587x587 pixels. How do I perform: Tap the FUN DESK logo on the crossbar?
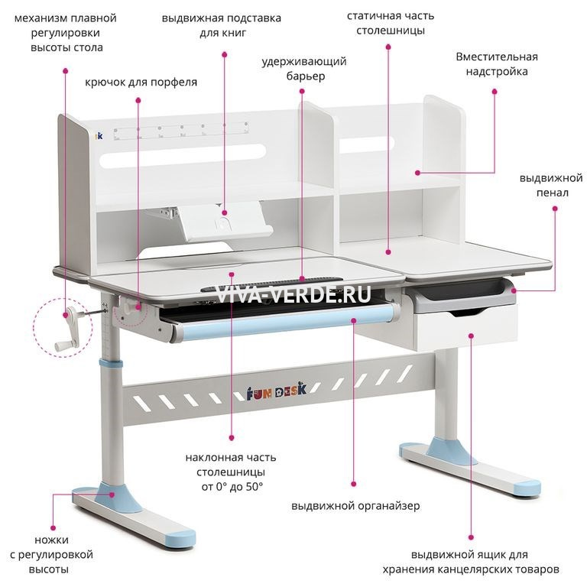coord(276,391)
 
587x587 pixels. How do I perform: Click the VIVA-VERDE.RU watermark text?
coord(293,293)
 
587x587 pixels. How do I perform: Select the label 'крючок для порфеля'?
coord(141,82)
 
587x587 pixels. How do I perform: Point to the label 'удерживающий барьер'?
coord(304,69)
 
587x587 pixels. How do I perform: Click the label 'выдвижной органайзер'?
coord(355,506)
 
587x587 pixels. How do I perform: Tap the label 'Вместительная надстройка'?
coord(497,64)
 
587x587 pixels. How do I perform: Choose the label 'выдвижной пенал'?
coord(551,185)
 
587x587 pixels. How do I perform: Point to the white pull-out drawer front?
coord(466,330)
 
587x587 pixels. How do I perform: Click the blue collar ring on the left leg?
coord(111,364)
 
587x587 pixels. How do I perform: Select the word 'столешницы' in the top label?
coord(391,31)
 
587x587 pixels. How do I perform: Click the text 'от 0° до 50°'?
coord(232,487)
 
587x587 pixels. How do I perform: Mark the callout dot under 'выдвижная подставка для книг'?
coord(225,55)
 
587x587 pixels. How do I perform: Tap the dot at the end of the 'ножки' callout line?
coord(54,529)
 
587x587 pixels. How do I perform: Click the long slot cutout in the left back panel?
coord(183,155)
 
